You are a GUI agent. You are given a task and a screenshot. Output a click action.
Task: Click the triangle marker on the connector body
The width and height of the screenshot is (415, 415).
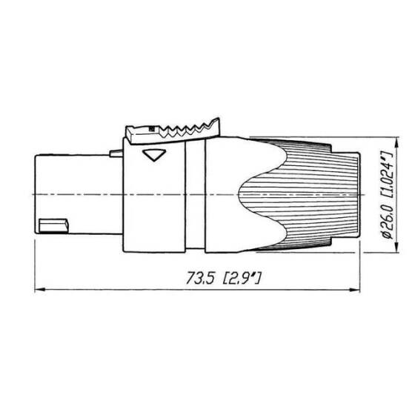pyautogui.click(x=154, y=156)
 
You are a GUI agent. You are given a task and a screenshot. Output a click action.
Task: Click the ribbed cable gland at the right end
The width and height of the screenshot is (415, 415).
pyautogui.click(x=311, y=194)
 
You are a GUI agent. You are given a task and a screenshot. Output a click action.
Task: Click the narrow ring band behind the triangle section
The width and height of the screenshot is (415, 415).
pyautogui.click(x=194, y=194)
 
